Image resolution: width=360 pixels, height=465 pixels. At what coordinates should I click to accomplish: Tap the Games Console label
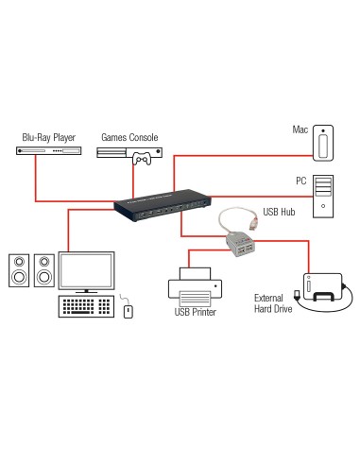tap(129, 138)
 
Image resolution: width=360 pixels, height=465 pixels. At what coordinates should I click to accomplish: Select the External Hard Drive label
tap(273, 303)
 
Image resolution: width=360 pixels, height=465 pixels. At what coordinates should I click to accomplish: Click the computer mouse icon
tap(129, 309)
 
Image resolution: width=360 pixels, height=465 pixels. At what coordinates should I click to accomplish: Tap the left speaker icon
tap(18, 271)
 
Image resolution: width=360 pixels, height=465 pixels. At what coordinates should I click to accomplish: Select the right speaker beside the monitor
tap(44, 271)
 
